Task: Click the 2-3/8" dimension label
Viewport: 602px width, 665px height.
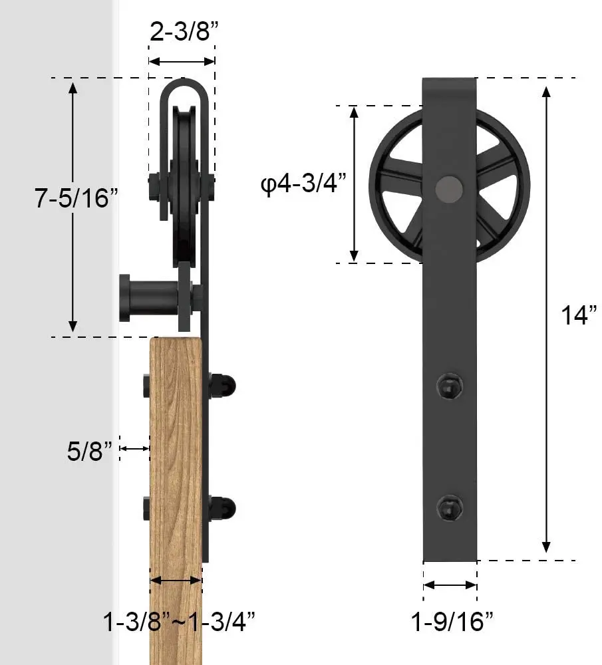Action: click(182, 31)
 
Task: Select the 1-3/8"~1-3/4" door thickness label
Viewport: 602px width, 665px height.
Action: click(179, 622)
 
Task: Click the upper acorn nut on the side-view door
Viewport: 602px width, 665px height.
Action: click(225, 385)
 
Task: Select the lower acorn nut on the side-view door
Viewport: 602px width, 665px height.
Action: click(225, 508)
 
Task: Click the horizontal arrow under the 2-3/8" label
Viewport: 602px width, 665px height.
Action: click(182, 61)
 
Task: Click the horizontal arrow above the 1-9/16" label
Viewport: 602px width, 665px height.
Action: click(450, 585)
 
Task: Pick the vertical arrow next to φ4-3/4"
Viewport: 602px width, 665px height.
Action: click(355, 184)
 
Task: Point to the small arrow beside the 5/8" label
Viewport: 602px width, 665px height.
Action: click(134, 449)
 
